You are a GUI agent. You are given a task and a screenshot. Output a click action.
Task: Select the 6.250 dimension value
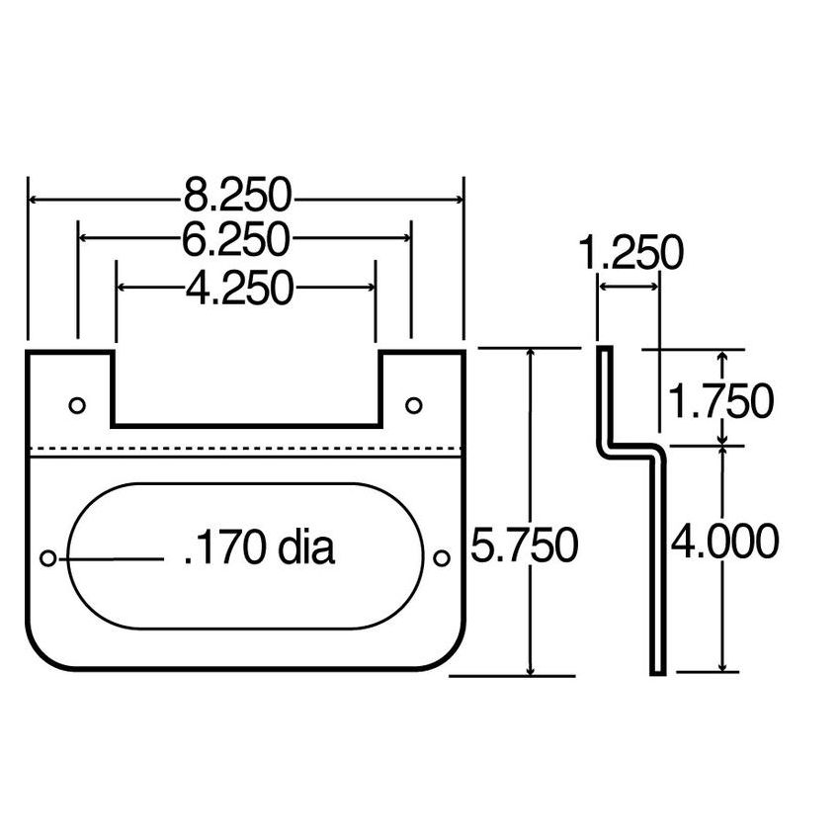(238, 238)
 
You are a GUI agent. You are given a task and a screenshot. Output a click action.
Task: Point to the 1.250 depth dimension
(630, 254)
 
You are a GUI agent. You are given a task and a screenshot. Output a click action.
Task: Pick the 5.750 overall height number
(524, 545)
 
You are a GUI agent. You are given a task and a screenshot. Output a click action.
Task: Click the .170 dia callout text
(259, 549)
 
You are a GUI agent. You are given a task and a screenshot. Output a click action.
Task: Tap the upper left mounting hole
(77, 404)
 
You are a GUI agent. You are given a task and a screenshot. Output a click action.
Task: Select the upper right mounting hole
(413, 404)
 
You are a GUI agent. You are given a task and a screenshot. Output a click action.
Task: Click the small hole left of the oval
(47, 558)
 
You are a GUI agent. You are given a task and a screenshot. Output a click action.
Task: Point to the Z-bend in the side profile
(630, 444)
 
